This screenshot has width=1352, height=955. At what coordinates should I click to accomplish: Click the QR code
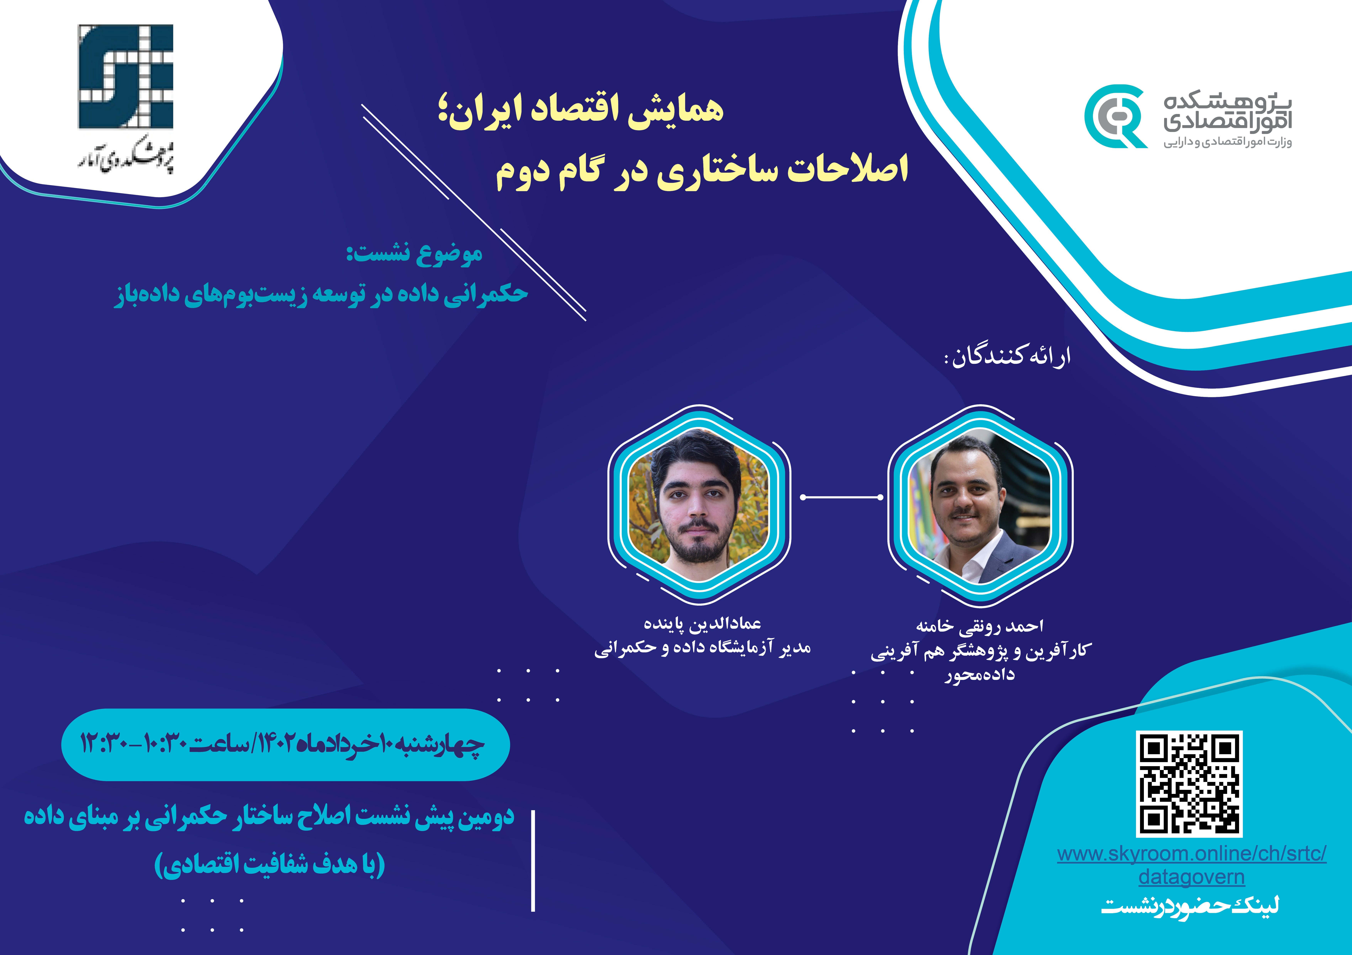(x=1189, y=783)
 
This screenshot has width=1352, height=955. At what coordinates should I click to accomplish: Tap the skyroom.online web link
(x=1191, y=864)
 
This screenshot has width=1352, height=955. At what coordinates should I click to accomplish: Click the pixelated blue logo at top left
(x=125, y=76)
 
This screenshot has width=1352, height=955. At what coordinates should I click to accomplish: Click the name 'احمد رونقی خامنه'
(x=979, y=626)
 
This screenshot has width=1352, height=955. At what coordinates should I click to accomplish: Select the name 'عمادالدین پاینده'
(x=702, y=623)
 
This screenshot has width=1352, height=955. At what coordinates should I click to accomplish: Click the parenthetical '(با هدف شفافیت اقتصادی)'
(x=270, y=864)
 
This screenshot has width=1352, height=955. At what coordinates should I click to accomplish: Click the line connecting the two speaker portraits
(x=842, y=497)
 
